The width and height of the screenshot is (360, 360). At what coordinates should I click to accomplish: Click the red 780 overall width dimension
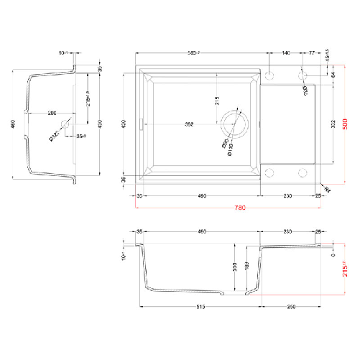pos(240,208)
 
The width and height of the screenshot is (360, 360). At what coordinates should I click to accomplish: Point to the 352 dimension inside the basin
pos(189,124)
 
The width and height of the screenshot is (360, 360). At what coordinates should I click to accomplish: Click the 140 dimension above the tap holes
pos(285,53)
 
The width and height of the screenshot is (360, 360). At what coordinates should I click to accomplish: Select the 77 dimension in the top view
pos(312,53)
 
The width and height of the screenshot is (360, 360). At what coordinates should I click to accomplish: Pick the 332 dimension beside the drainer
pos(333,124)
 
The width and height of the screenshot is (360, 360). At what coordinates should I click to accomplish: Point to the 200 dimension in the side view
pos(52,114)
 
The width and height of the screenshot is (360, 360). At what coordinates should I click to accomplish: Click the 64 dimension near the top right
pos(333,75)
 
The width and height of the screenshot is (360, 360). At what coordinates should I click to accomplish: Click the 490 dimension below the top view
pos(202,195)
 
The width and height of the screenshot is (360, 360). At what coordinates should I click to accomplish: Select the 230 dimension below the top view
pos(287,195)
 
